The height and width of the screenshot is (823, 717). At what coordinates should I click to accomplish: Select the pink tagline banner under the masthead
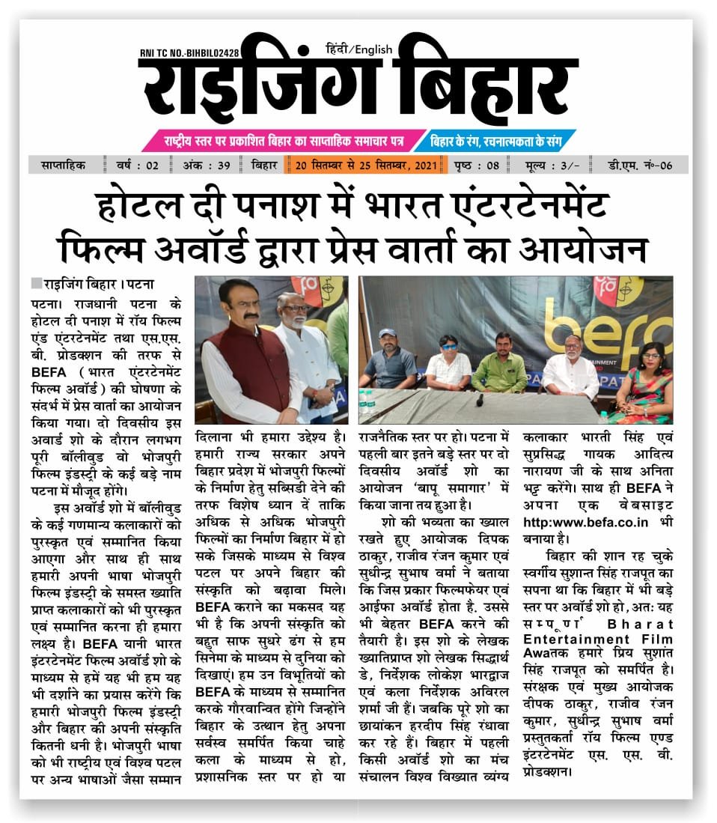(x=284, y=140)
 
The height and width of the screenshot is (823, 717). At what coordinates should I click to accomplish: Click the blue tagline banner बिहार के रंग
(x=493, y=140)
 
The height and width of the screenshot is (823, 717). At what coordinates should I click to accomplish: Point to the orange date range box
(x=364, y=165)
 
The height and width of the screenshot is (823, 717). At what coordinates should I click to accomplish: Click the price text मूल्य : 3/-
(x=553, y=165)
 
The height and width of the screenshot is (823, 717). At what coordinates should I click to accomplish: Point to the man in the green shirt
(x=500, y=365)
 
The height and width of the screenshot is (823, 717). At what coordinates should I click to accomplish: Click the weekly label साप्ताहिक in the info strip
(x=62, y=165)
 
